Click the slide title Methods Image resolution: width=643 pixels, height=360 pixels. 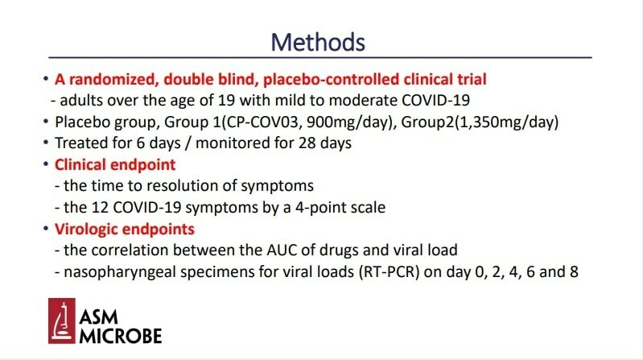[318, 42]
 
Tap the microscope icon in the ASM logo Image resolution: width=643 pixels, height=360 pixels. [62, 321]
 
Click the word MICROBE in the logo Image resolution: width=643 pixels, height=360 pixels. [121, 336]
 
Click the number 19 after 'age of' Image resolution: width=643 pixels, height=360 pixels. [226, 100]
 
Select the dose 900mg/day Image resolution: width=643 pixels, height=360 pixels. [348, 122]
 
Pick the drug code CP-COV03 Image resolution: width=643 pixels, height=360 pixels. [264, 122]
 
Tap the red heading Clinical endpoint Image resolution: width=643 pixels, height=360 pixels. [115, 164]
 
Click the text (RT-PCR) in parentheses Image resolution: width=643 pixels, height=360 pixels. [389, 271]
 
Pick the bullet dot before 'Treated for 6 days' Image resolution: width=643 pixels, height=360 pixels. [46, 143]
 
